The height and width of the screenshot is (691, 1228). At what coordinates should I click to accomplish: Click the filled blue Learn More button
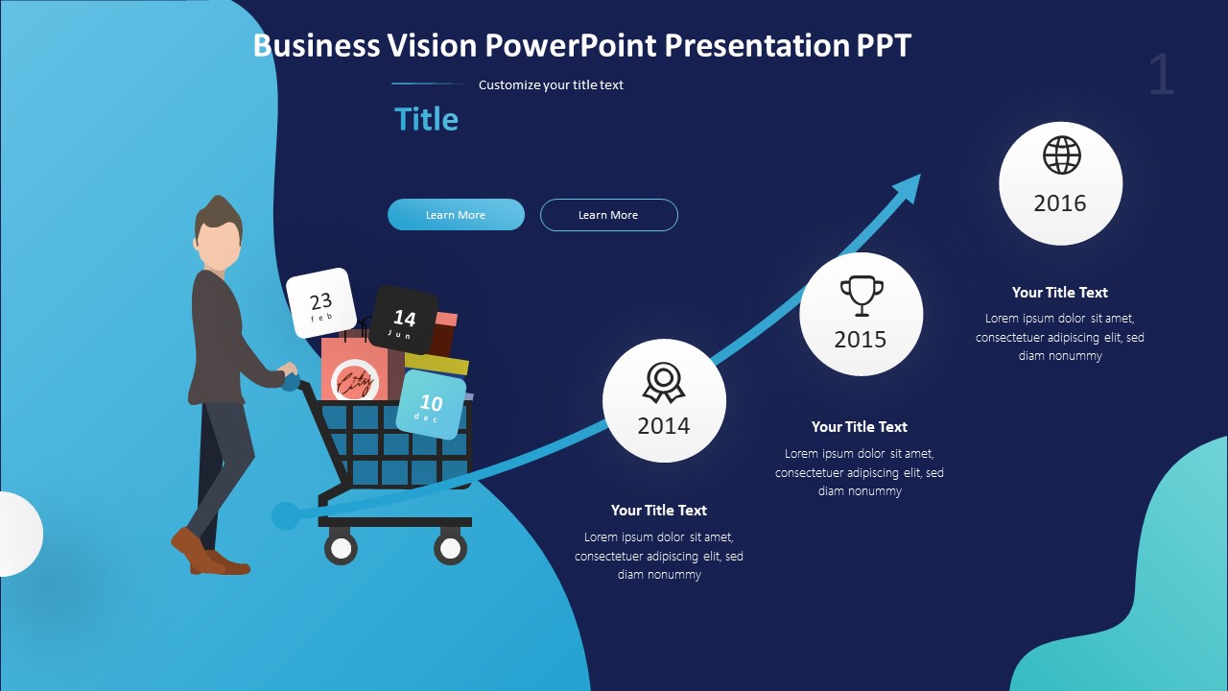pyautogui.click(x=456, y=215)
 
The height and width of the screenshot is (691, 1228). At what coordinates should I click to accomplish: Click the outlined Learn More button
pyautogui.click(x=608, y=215)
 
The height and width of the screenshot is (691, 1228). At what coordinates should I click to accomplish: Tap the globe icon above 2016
pyautogui.click(x=1061, y=155)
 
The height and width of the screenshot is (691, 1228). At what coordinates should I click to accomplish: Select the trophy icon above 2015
pyautogui.click(x=861, y=295)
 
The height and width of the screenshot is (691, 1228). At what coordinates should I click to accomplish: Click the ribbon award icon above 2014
pyautogui.click(x=663, y=382)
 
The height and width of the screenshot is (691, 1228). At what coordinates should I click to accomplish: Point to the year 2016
pyautogui.click(x=1060, y=203)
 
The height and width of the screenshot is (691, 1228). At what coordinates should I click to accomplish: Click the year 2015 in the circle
pyautogui.click(x=861, y=340)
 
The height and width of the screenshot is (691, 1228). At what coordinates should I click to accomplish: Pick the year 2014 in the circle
pyautogui.click(x=664, y=426)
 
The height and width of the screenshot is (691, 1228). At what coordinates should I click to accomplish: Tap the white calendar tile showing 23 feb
pyautogui.click(x=321, y=303)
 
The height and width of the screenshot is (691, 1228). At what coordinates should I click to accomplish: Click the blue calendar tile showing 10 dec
pyautogui.click(x=431, y=406)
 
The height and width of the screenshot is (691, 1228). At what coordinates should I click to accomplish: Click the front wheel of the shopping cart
pyautogui.click(x=450, y=548)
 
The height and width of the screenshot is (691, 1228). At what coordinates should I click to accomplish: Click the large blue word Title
pyautogui.click(x=426, y=119)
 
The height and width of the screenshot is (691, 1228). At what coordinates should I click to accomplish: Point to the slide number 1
pyautogui.click(x=1161, y=75)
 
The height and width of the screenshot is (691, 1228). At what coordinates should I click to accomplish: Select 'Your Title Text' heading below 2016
pyautogui.click(x=1059, y=293)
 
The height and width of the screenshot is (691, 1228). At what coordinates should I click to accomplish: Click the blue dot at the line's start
pyautogui.click(x=285, y=516)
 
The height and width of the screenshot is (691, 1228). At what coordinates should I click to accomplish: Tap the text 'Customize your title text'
pyautogui.click(x=551, y=84)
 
